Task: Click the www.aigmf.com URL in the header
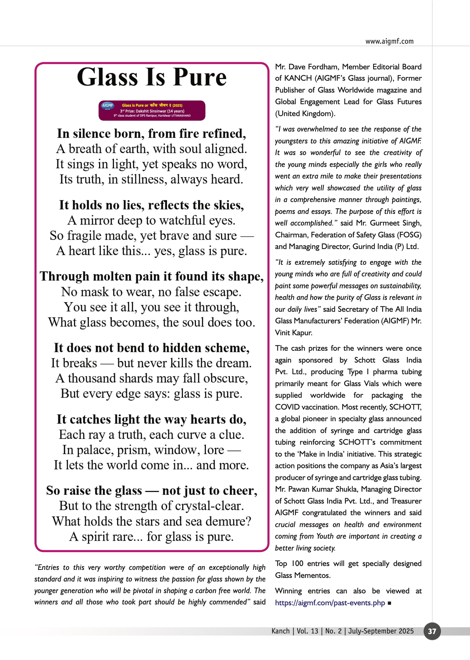(389, 41)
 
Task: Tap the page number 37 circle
(432, 631)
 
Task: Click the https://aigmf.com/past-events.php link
(330, 603)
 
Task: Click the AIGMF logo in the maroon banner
(107, 106)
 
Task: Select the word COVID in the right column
(287, 407)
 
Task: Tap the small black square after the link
(389, 603)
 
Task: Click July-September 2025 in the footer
(381, 631)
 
